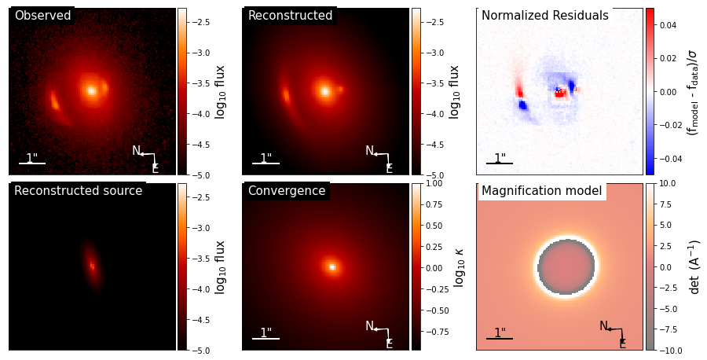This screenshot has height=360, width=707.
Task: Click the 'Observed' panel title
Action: tap(42, 16)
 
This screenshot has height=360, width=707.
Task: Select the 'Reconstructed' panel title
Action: tap(290, 16)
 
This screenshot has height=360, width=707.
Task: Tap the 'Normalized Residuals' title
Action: tap(544, 16)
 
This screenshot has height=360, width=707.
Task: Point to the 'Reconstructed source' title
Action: tap(78, 191)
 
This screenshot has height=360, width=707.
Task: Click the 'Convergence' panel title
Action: tap(286, 191)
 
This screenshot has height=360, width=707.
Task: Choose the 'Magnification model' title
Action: tap(541, 191)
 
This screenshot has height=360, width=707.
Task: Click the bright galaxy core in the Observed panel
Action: tap(91, 90)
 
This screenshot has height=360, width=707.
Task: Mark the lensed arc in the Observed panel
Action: tap(55, 100)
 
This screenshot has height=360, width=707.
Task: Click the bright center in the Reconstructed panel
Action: tap(324, 91)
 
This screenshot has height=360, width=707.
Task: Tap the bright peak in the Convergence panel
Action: tap(332, 267)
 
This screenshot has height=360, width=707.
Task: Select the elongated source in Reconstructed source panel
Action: tap(92, 266)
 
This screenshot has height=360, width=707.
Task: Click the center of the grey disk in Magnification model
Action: tap(566, 266)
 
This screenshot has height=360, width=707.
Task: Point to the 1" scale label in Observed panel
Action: tap(31, 158)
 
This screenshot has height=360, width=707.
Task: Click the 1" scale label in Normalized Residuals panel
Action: tap(500, 158)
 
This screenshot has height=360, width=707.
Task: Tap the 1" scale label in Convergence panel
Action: tap(266, 333)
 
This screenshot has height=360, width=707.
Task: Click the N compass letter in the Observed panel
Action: tap(136, 151)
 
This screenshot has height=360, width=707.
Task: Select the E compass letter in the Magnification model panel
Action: tap(622, 343)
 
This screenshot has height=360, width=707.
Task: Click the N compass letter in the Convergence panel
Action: tap(369, 326)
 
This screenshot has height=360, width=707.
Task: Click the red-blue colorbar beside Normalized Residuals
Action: tap(650, 91)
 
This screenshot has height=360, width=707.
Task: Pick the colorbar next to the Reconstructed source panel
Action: tap(182, 266)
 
